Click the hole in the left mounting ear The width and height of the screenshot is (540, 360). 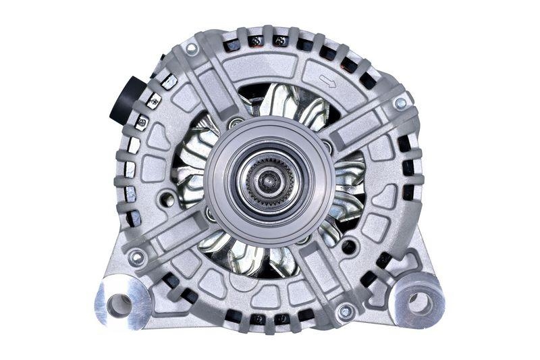pos(120,305)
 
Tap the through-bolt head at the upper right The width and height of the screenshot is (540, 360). pos(400,103)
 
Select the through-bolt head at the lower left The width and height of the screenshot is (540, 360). pos(137,257)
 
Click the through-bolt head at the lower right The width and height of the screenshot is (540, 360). pos(346,311)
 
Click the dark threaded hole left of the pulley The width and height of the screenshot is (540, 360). pos(163,201)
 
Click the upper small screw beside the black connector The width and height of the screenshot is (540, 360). pos(152,103)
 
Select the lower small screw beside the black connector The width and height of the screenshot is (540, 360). pos(142,123)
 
